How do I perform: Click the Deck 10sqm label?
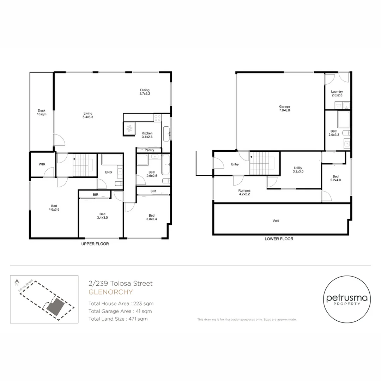42,112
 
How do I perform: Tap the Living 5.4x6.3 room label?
88,115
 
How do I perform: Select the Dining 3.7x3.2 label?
145,92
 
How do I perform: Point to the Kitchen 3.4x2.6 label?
147,135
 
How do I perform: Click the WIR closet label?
42,164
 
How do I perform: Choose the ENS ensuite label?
108,172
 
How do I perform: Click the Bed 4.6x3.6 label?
54,208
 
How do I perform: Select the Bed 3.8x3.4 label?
151,217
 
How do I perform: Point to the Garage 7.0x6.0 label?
284,108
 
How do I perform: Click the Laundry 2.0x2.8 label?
337,93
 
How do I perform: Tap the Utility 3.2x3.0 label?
298,170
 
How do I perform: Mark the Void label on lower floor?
276,221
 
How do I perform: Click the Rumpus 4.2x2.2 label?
244,192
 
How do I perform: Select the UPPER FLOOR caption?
95,244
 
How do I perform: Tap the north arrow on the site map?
17,283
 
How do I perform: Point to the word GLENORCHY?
110,292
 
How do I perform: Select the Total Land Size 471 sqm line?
118,319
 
